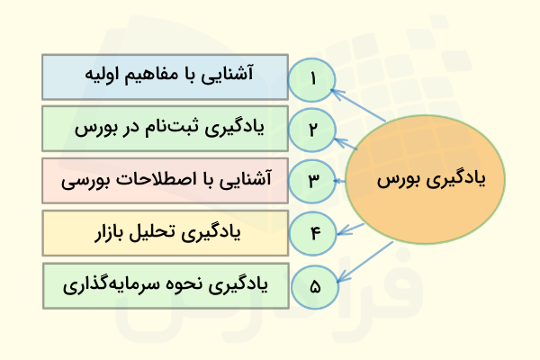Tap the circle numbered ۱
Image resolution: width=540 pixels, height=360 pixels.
[x=313, y=77]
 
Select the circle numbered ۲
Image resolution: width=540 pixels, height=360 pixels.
[x=313, y=129]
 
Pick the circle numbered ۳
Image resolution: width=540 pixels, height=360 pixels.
[x=313, y=180]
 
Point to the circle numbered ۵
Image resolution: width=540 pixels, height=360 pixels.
[x=313, y=286]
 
